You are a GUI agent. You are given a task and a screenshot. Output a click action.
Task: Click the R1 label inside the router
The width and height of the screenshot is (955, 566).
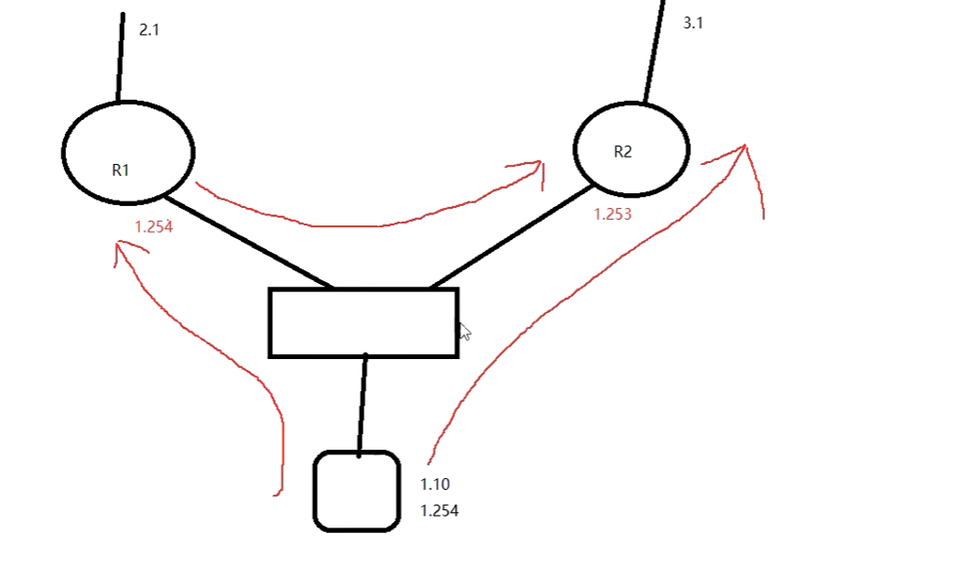(121, 169)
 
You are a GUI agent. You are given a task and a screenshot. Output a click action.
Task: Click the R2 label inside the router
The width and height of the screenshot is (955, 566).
(623, 152)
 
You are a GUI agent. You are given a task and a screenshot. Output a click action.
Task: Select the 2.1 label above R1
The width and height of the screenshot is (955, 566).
(149, 30)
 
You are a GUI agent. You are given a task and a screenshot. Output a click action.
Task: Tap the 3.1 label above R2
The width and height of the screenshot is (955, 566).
(693, 24)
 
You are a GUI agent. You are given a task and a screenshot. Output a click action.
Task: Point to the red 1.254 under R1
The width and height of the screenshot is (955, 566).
(154, 227)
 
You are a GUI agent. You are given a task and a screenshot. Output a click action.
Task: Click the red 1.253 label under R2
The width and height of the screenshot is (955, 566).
(613, 214)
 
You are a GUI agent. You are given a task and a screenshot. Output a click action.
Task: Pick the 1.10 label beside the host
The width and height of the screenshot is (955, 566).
(435, 484)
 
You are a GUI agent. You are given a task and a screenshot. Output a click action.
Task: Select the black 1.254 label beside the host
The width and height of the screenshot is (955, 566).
(440, 511)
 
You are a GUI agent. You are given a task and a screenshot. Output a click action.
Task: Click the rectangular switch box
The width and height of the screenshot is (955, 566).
(364, 322)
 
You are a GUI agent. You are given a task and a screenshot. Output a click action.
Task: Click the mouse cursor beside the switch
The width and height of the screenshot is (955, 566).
(464, 332)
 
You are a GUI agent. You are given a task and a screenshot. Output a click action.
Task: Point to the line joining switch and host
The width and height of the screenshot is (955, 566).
(363, 403)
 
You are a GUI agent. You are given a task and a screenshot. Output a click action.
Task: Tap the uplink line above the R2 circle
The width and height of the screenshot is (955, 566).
(654, 50)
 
